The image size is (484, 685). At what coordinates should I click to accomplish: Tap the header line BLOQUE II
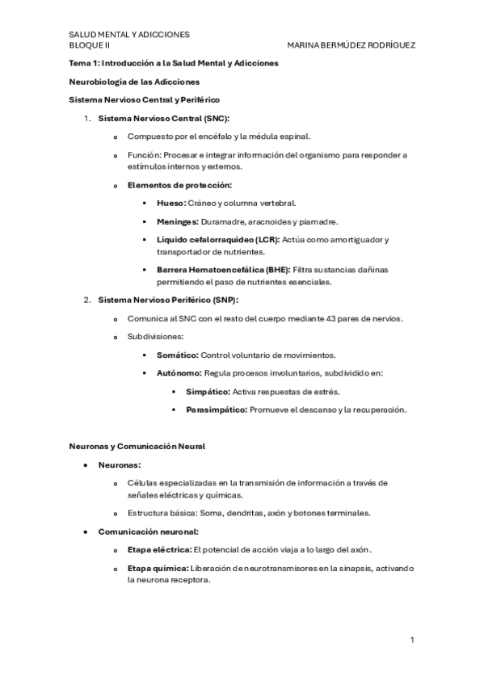click(x=90, y=45)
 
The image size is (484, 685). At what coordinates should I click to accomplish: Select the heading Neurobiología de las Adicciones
click(x=133, y=81)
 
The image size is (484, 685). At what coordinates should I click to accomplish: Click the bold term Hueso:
click(x=171, y=203)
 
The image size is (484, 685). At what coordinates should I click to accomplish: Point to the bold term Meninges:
click(x=179, y=221)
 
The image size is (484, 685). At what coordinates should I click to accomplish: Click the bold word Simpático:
click(x=208, y=392)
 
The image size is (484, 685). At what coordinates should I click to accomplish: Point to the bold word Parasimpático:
click(x=217, y=410)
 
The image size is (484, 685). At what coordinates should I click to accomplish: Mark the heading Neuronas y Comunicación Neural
click(x=137, y=446)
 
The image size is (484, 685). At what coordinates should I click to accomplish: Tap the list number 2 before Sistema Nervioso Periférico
click(x=87, y=300)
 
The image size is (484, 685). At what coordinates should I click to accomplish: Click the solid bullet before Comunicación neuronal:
click(x=86, y=532)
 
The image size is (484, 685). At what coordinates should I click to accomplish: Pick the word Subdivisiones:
click(x=155, y=337)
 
